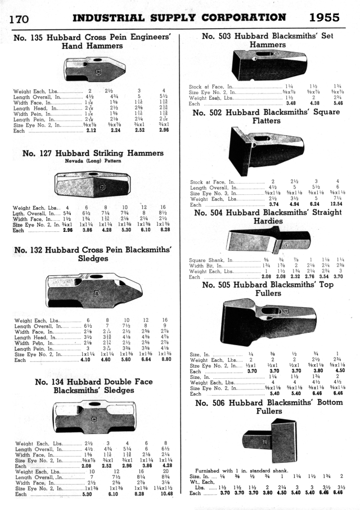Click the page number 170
point(20,18)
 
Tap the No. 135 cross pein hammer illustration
point(94,69)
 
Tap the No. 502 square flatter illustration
point(267,150)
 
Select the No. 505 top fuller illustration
point(269,321)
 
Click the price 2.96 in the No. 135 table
point(164,131)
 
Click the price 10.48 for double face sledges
point(165,494)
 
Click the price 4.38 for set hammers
point(314,104)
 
